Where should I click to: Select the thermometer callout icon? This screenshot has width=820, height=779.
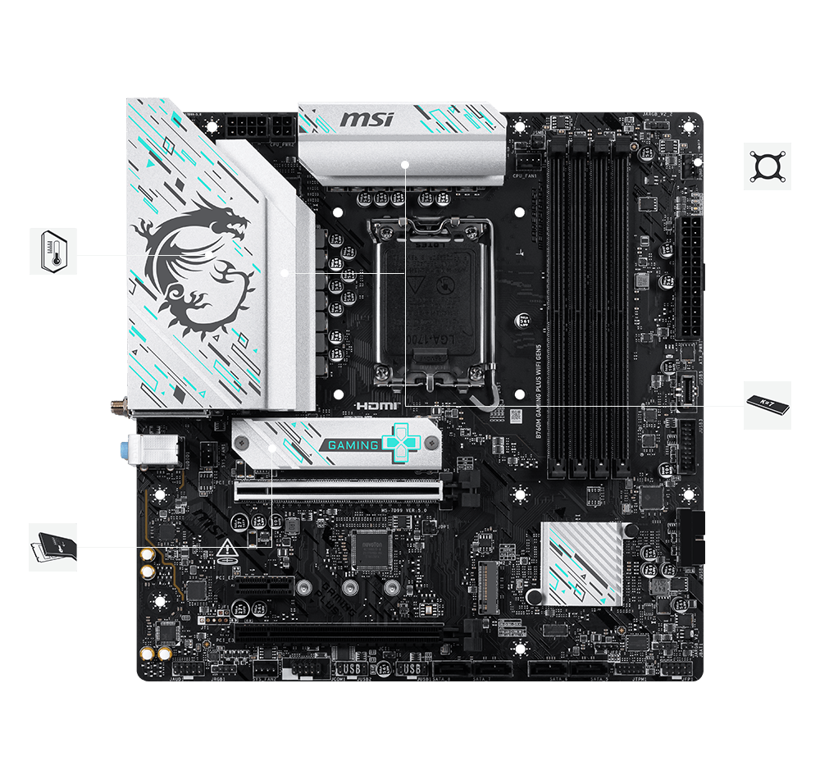pos(53,252)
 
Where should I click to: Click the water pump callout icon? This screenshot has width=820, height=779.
pos(768,166)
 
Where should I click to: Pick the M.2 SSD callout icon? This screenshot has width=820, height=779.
pos(768,405)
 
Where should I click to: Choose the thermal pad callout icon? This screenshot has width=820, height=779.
pos(53,547)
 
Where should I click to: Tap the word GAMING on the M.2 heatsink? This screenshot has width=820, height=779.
pos(354,445)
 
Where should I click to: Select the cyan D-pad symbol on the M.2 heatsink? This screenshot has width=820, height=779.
pos(403,444)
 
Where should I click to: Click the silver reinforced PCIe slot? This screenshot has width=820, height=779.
pos(338,491)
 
